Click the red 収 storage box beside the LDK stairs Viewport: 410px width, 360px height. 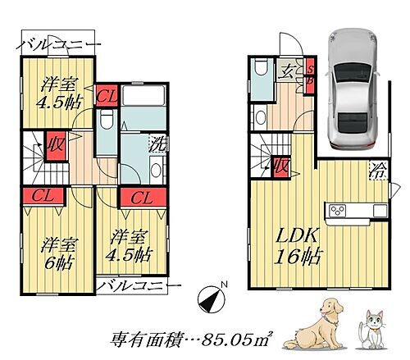point(281,167)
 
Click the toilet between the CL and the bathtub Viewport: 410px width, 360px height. point(104,124)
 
